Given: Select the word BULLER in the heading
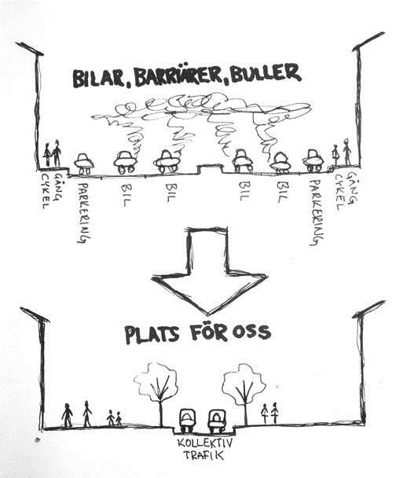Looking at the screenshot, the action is [266, 73].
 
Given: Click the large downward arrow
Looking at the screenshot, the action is [209, 270].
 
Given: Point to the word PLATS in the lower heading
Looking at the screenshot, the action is [152, 335].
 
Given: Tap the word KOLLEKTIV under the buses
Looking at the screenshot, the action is [205, 443].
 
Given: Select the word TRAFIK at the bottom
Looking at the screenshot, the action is [203, 455].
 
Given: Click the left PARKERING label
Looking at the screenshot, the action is [84, 213].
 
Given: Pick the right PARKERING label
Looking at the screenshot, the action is [316, 212].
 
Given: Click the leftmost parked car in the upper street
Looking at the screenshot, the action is [84, 164].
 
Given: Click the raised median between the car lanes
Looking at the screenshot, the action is [211, 168].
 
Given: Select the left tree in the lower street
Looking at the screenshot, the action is [156, 394].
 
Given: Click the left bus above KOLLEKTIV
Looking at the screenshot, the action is [187, 421].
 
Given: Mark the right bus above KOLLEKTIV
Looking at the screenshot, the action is [216, 421].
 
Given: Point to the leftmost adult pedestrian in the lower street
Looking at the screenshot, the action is [68, 415].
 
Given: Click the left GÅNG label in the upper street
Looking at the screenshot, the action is [58, 186].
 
